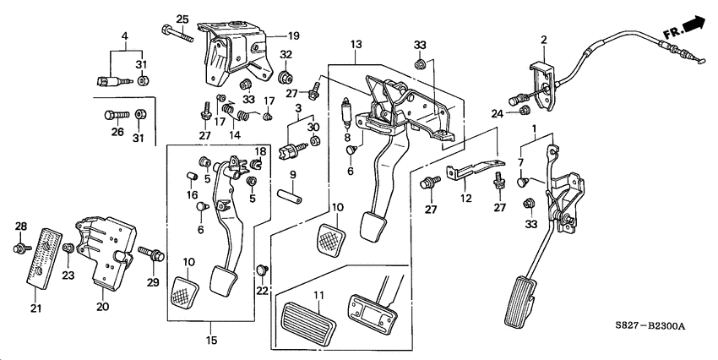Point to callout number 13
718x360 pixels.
[x=356, y=43]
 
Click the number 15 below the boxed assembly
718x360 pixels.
[x=212, y=341]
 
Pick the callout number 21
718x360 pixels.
[x=36, y=308]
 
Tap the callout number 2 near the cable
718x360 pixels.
[x=544, y=39]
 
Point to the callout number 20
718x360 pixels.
[x=103, y=307]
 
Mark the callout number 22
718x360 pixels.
[x=261, y=291]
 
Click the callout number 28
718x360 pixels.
[x=22, y=226]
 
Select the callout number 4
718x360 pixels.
[x=125, y=36]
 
